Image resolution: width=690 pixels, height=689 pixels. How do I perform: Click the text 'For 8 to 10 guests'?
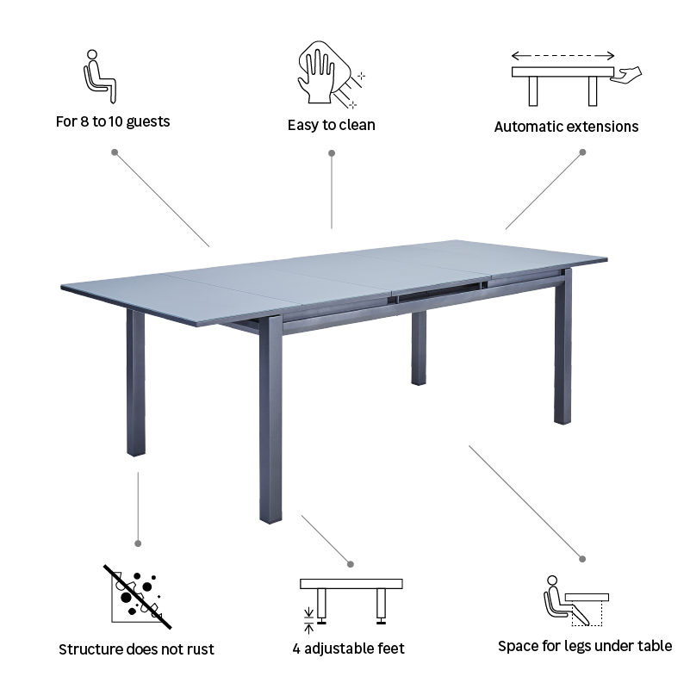pos(113,121)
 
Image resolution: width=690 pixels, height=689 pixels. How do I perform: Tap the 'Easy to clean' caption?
pos(332,125)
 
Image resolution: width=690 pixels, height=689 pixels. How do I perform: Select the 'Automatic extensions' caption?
pos(566,127)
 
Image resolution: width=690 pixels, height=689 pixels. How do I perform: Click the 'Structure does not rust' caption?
pos(136,649)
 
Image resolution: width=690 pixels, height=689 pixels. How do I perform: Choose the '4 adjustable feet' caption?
pos(349,649)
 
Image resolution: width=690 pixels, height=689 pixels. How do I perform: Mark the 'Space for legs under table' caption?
pos(585,646)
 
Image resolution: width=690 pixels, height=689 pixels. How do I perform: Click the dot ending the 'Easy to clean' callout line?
pos(332,153)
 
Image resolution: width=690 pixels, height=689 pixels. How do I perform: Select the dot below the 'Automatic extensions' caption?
pos(582,152)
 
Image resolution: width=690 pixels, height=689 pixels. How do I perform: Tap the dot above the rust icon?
pos(138,543)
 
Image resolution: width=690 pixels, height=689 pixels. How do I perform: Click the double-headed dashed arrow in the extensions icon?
pos(563,53)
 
